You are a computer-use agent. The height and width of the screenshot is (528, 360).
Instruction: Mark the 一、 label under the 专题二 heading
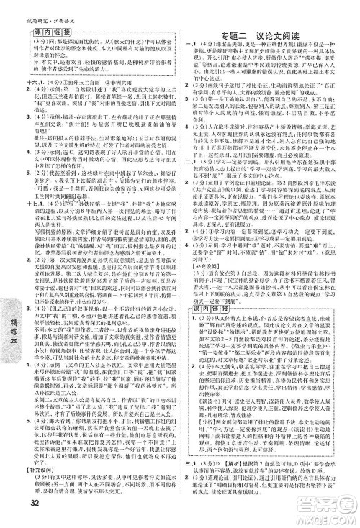click(189, 45)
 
